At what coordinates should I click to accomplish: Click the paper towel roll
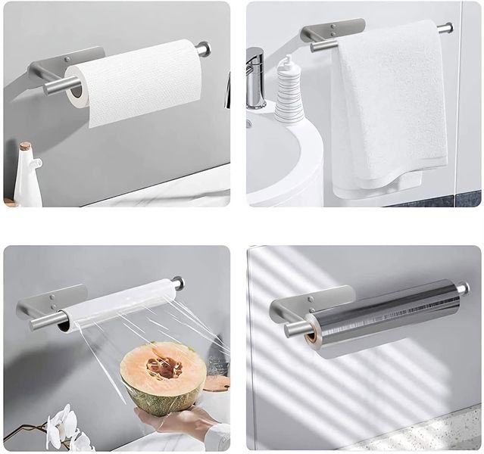[136, 87]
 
